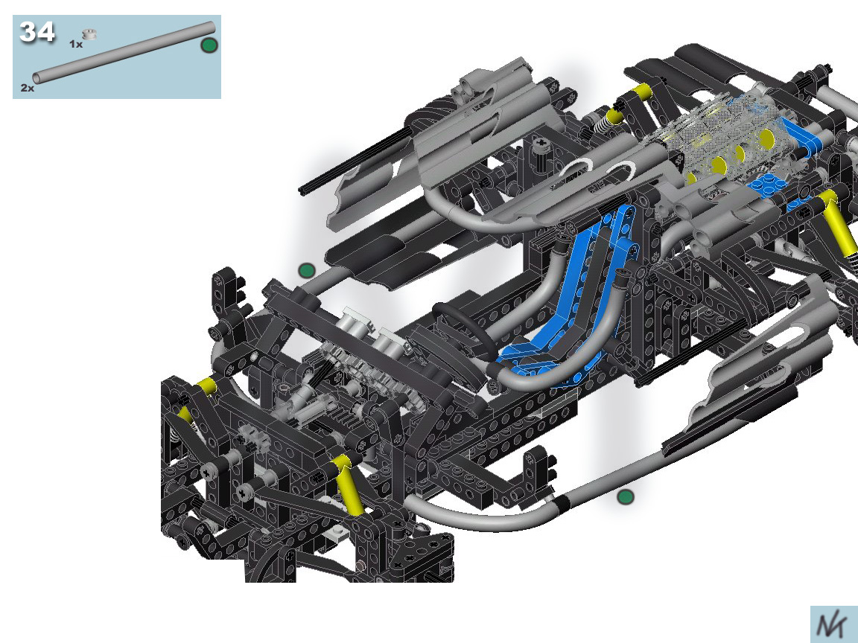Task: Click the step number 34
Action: (37, 32)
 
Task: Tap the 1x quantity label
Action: (76, 45)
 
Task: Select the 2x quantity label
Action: (28, 88)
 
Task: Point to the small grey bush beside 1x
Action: (89, 34)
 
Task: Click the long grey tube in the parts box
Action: (124, 53)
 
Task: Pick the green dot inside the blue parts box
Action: (209, 45)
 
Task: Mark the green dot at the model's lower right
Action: (626, 497)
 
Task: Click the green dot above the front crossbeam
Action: (307, 270)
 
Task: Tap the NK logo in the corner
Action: (833, 625)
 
